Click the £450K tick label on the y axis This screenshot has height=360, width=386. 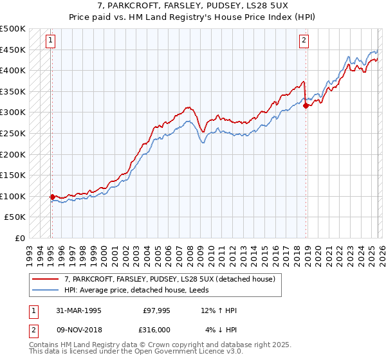pyautogui.click(x=13, y=50)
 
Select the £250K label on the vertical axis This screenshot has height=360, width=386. pyautogui.click(x=13, y=134)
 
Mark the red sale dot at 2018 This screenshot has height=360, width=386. pyautogui.click(x=306, y=106)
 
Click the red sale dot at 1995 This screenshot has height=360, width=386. pyautogui.click(x=52, y=197)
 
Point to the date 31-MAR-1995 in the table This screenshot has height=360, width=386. pyautogui.click(x=78, y=310)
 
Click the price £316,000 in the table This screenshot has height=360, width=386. pyautogui.click(x=156, y=330)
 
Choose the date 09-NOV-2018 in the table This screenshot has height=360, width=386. pyautogui.click(x=78, y=330)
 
